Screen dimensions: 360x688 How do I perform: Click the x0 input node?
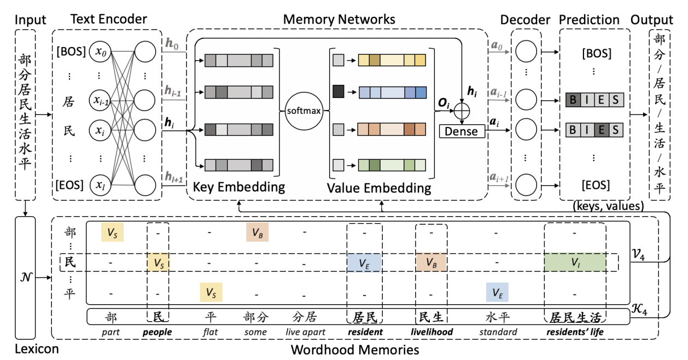pos(101,53)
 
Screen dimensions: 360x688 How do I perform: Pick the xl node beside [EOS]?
pos(101,185)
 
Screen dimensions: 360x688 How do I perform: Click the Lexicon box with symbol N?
pos(26,277)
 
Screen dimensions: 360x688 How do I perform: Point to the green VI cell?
pos(575,263)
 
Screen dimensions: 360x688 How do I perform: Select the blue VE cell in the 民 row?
pos(364,263)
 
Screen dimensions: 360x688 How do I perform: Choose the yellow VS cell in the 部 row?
pos(113,233)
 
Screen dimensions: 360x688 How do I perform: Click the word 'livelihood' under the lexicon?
pos(432,332)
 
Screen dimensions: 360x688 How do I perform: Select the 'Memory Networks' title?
pos(339,19)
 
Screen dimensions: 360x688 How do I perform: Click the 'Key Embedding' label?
pos(238,188)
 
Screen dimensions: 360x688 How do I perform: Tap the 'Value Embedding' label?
pos(379,188)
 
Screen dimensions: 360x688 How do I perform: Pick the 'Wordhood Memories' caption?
pos(355,349)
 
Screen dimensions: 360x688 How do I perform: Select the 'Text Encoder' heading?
pos(109,19)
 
